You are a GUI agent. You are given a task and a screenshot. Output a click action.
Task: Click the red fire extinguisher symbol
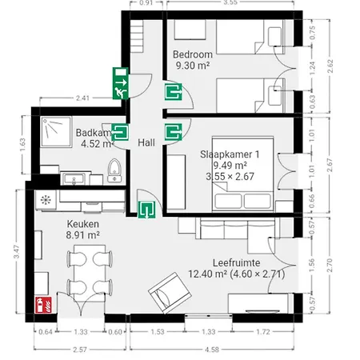pos(44,304)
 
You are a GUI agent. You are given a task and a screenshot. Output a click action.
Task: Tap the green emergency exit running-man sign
pos(121,86)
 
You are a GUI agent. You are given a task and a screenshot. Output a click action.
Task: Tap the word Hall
pos(146,142)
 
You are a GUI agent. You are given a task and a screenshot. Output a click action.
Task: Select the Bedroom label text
pos(192,54)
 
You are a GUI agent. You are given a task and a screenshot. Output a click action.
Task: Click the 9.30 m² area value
pos(192,66)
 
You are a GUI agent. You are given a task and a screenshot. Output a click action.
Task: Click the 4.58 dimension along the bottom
pos(217,349)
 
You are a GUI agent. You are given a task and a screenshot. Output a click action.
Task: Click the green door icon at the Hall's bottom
pos(146,210)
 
